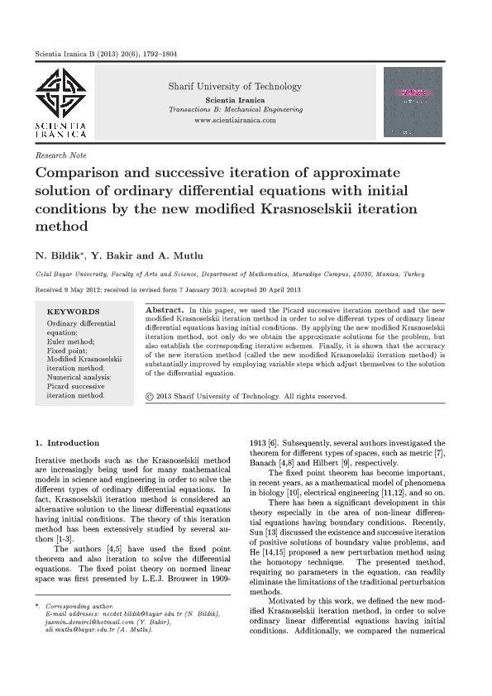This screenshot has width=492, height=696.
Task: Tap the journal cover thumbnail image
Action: pos(413,102)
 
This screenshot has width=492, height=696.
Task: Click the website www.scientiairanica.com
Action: pos(235,121)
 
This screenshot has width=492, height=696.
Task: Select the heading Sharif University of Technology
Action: pos(235,87)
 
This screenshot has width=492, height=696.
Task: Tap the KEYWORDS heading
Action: pos(74,312)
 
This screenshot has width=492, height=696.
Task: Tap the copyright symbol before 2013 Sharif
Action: pos(149,397)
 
